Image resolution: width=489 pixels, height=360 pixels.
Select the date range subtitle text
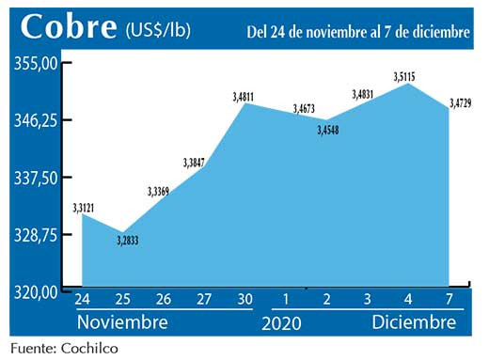click(357, 32)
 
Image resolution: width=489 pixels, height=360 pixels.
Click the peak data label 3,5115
click(403, 75)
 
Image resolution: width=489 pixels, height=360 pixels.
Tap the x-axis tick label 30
click(244, 301)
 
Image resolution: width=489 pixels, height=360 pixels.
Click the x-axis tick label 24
click(82, 301)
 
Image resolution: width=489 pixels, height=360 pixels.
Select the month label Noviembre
click(121, 322)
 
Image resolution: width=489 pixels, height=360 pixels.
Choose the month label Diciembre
click(411, 322)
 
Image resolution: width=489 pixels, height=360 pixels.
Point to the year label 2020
click(282, 322)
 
